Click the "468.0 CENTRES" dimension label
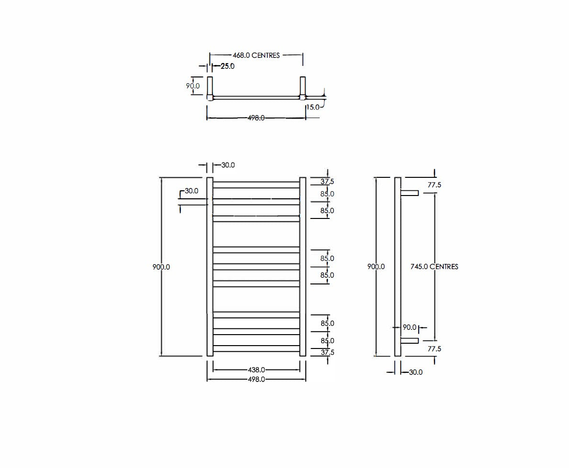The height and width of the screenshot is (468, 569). pos(256,55)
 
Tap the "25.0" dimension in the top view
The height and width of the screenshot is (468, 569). pos(227,66)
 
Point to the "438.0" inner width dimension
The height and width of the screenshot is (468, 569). pos(257,370)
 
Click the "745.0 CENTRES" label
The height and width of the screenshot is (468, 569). pos(435,267)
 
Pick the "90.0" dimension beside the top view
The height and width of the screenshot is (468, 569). pos(193,86)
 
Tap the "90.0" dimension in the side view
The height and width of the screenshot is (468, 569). pos(409,327)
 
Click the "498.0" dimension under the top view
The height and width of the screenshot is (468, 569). pos(256,118)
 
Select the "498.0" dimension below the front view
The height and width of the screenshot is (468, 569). pos(257,379)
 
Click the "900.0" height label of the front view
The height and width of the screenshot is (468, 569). pos(161,267)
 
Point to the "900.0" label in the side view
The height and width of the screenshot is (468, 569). pos(376,267)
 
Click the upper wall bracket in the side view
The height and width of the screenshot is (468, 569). pos(410,193)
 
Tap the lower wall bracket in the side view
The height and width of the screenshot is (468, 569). pos(410,341)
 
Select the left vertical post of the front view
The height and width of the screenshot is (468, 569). pos(210,267)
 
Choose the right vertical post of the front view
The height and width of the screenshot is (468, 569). pos(302,267)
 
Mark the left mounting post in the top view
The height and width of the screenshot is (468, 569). pos(210,87)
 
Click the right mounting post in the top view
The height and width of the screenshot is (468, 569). pos(302,87)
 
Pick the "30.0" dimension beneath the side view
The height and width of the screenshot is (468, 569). pos(415,372)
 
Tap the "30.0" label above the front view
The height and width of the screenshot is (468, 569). pos(228,165)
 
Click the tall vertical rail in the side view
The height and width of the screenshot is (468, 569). pos(398,267)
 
